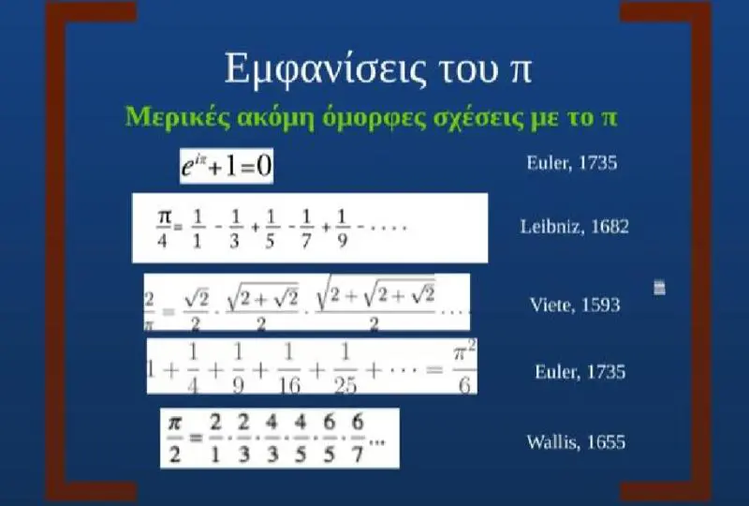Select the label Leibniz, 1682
[574, 226]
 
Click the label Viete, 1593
[575, 305]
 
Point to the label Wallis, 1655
[576, 441]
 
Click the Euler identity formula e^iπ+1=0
[227, 166]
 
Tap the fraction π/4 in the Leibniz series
[163, 229]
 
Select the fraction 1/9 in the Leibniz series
[342, 229]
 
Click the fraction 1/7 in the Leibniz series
[306, 229]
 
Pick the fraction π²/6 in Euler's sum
[464, 369]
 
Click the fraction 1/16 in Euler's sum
[289, 369]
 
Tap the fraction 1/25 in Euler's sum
[345, 369]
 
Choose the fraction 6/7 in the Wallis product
[358, 439]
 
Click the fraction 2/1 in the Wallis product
[215, 439]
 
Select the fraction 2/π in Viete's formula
[149, 311]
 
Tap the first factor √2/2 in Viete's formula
[197, 311]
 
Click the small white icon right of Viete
[659, 288]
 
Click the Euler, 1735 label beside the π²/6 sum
[580, 372]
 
